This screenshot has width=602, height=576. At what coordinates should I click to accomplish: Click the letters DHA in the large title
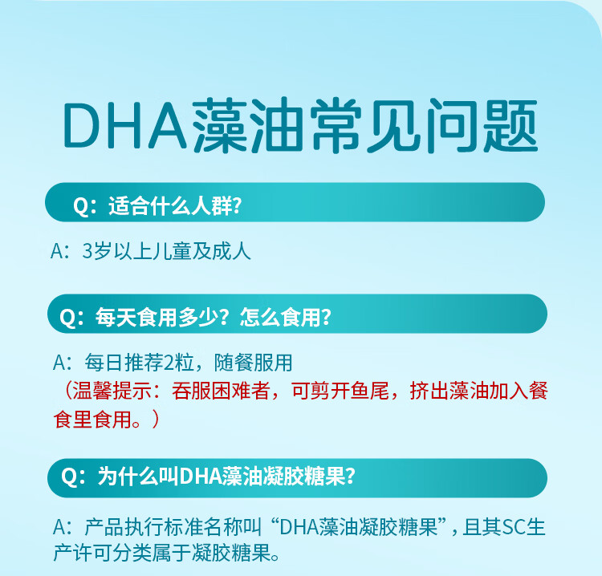125,125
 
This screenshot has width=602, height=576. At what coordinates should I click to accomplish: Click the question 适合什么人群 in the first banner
170,205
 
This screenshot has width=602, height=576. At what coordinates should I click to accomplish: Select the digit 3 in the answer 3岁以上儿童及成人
87,252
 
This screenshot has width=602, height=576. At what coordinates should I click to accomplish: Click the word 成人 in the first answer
231,252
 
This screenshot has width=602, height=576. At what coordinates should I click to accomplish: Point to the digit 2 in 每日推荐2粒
169,363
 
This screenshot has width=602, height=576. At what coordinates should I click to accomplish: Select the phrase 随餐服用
254,363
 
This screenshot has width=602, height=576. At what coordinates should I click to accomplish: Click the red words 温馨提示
112,391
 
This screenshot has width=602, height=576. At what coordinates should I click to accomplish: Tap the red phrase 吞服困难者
221,391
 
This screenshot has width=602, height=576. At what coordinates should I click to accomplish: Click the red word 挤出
429,391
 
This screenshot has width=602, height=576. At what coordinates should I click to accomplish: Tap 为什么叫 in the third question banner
138,477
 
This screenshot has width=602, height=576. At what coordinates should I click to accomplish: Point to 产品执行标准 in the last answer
144,527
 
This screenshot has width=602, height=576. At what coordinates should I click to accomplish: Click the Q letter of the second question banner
67,318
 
